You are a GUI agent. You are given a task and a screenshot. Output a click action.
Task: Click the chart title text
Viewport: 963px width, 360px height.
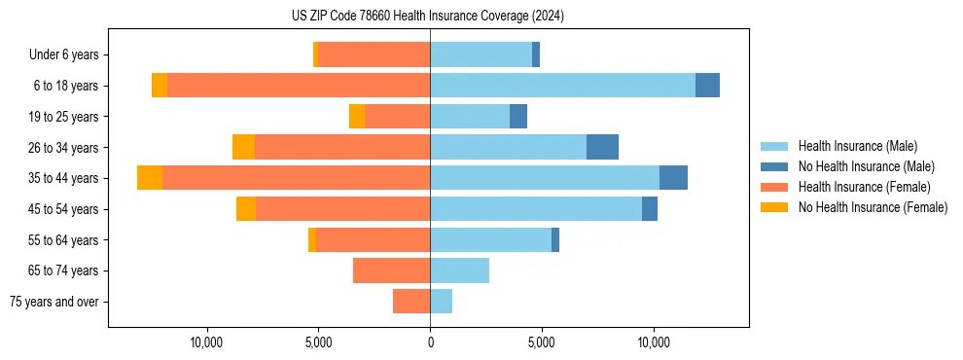pos(428,16)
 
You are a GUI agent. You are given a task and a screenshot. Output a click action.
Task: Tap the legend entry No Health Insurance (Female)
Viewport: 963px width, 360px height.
pos(873,207)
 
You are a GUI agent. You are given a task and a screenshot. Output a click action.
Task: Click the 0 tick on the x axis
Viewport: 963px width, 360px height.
pos(430,342)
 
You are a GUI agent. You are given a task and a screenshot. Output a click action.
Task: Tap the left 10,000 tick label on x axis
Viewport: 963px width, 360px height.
pos(207,342)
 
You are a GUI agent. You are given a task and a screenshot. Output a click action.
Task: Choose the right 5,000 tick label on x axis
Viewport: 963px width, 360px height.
pos(542,342)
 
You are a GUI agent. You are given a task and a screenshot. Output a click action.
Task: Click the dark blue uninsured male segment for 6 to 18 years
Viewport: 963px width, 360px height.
pos(707,86)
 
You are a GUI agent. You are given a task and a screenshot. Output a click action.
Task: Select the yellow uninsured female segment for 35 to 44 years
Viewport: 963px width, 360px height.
pos(150,178)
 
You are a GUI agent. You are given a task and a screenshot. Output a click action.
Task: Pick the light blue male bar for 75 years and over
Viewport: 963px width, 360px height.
pos(441,302)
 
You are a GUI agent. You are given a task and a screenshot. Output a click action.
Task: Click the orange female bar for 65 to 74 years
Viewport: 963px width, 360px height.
pos(391,270)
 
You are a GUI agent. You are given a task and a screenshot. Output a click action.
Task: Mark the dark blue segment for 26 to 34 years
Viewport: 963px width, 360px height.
pos(602,147)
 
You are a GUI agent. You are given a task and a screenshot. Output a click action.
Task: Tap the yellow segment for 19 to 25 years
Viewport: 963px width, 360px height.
pos(357,117)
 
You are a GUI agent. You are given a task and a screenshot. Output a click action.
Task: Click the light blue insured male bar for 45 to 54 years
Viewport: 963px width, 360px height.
pos(536,209)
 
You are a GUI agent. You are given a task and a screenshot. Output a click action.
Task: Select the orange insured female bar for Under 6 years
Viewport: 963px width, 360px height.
pos(374,55)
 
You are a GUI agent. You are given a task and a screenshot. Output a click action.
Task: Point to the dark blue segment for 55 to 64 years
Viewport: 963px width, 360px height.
pos(555,239)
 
